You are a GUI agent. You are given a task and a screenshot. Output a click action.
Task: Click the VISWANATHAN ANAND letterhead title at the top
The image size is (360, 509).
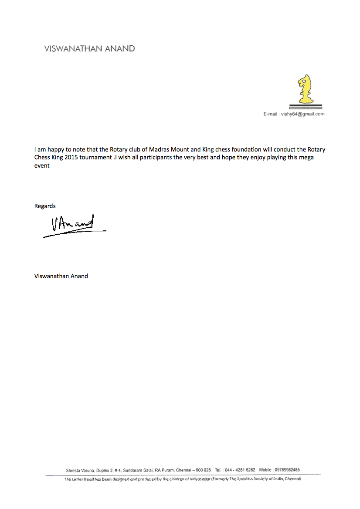89,49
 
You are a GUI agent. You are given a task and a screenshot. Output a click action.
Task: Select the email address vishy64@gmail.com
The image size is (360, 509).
303,114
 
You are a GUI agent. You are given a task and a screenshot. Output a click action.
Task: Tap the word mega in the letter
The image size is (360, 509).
306,157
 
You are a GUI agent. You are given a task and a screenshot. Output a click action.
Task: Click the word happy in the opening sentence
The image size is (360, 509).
55,149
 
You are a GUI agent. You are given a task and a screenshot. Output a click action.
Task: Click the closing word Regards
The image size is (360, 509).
45,206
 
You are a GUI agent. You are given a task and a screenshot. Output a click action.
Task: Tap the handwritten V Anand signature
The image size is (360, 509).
72,225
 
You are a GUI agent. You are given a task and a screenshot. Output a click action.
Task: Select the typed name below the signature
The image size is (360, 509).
61,276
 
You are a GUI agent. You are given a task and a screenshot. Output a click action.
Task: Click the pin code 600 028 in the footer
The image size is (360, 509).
203,470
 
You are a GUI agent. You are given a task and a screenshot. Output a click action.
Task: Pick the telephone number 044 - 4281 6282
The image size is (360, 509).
240,470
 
